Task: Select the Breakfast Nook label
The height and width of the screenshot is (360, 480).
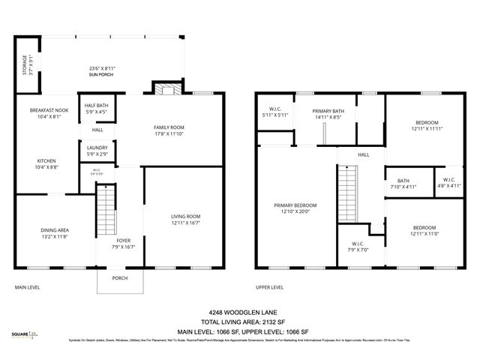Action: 49,113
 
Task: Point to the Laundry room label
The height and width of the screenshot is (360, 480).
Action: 97,150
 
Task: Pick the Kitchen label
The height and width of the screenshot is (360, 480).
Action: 46,163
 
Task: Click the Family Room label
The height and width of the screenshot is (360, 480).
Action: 169,130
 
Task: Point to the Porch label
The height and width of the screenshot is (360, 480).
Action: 119,278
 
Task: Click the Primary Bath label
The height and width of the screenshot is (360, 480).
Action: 327,113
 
